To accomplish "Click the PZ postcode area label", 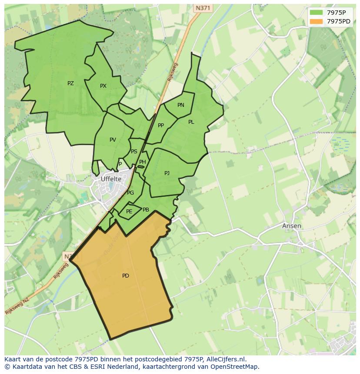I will click(x=70, y=83).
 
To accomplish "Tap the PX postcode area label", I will click(x=103, y=86).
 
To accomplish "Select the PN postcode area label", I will click(x=181, y=105).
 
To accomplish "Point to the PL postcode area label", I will click(x=191, y=122).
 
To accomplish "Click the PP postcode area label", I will click(x=161, y=126).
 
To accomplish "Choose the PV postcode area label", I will click(x=113, y=140).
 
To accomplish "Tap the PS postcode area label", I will click(x=134, y=152).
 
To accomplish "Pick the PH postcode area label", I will click(x=143, y=162).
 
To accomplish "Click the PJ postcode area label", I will click(x=167, y=173).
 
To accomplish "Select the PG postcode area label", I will click(x=130, y=193).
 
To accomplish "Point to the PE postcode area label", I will click(x=129, y=212).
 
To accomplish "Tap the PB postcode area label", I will click(x=146, y=210).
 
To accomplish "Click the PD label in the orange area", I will click(x=126, y=276).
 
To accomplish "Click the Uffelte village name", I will click(x=111, y=179).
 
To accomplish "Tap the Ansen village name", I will click(x=291, y=226).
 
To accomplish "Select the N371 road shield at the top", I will click(x=203, y=8).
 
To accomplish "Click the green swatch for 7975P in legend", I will click(x=317, y=13).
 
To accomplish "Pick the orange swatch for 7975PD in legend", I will click(x=317, y=21).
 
